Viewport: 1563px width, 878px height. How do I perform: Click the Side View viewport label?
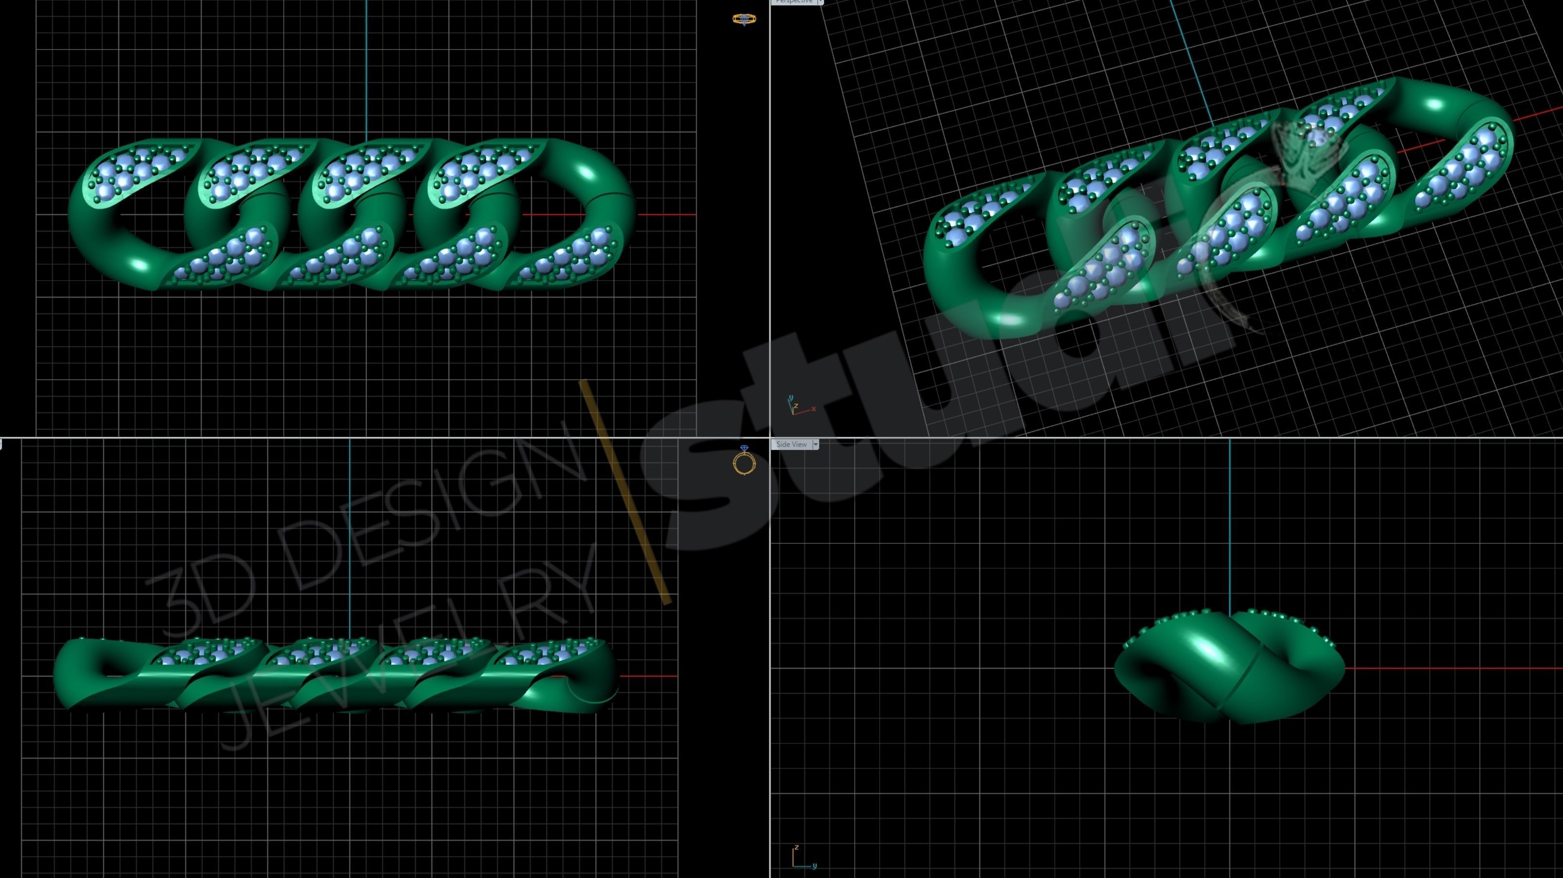pyautogui.click(x=791, y=444)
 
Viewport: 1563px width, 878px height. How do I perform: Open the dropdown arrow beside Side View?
pyautogui.click(x=815, y=444)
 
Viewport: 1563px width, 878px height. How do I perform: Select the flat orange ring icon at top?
pyautogui.click(x=744, y=19)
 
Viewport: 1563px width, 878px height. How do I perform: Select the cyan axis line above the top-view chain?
pyautogui.click(x=366, y=67)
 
